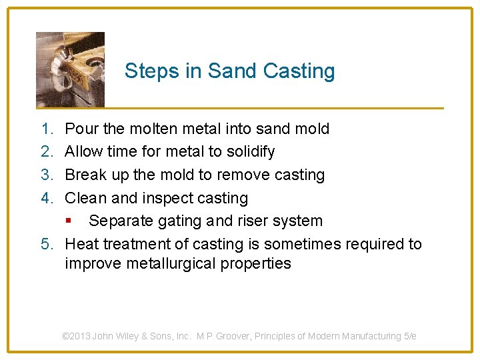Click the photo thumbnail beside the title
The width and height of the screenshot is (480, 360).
click(70, 69)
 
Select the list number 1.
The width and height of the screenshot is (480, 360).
click(46, 129)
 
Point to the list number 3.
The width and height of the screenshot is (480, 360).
click(46, 175)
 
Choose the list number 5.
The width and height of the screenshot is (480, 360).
click(46, 244)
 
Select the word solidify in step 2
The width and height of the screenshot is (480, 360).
click(251, 152)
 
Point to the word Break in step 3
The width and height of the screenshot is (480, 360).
click(85, 175)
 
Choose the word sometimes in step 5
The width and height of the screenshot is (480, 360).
click(305, 244)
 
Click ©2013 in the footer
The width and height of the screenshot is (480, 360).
click(77, 336)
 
